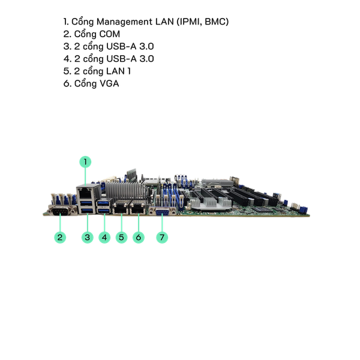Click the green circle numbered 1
(86, 161)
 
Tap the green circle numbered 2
(60, 237)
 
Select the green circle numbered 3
(88, 237)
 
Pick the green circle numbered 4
(105, 237)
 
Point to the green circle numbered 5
(122, 237)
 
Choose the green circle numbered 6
(139, 237)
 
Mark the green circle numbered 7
(162, 237)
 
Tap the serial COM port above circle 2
(61, 213)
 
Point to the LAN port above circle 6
(139, 210)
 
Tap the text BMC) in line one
(215, 22)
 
